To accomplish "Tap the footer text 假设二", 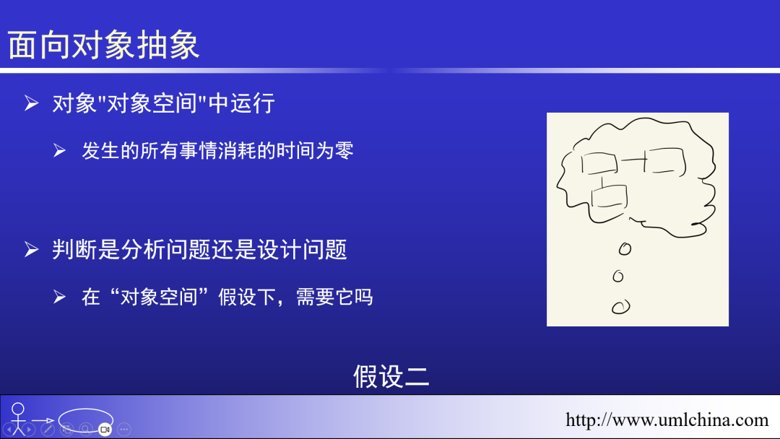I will click(x=391, y=376).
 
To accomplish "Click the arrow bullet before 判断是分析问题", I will click(x=31, y=250).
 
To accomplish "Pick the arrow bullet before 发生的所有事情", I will click(x=60, y=151).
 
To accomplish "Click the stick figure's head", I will click(x=18, y=408).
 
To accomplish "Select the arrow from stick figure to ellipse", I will click(x=43, y=420).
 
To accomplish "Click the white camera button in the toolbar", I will click(x=105, y=429).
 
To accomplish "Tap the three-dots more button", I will click(x=123, y=429).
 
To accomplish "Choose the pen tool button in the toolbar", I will click(x=48, y=429).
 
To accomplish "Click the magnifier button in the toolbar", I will click(x=85, y=429).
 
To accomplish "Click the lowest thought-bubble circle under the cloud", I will click(x=620, y=307).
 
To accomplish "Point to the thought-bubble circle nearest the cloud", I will click(x=625, y=249).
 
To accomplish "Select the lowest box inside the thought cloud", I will click(x=608, y=197).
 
